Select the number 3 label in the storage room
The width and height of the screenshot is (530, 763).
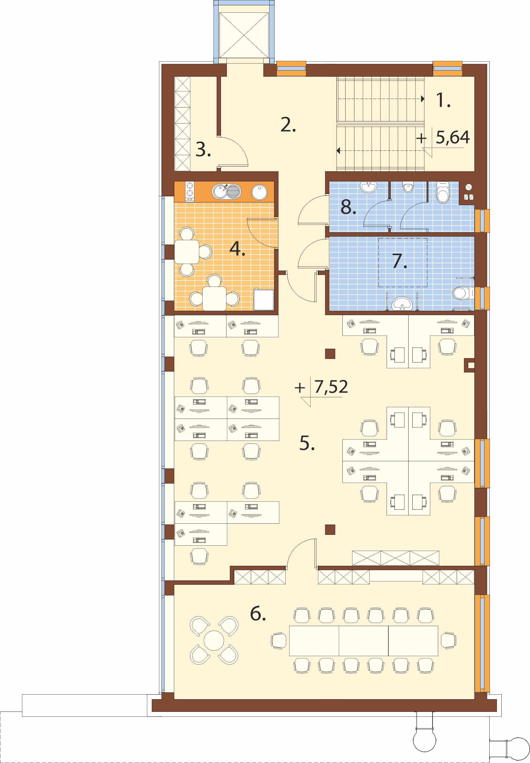click(x=203, y=150)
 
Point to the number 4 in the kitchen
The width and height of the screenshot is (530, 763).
click(x=237, y=249)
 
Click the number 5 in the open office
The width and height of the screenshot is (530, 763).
click(x=307, y=443)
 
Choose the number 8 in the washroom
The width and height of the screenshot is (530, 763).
click(x=348, y=207)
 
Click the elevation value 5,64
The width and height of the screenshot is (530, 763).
click(x=453, y=138)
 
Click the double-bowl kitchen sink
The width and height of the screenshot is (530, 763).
click(x=225, y=192)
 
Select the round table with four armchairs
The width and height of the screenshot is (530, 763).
click(x=214, y=640)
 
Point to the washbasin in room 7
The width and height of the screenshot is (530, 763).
click(x=403, y=303)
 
